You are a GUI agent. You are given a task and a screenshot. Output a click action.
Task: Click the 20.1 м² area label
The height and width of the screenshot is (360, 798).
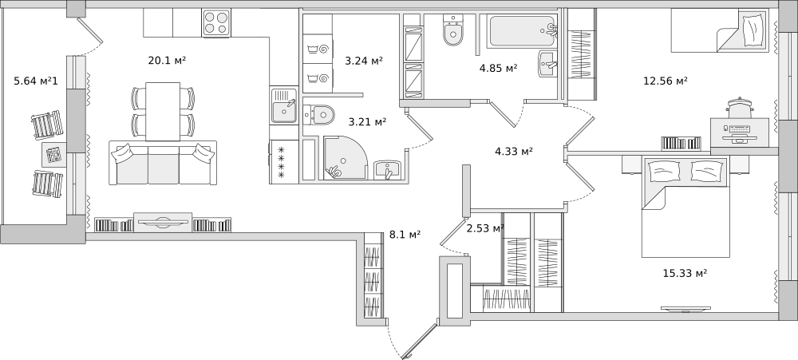[167, 61]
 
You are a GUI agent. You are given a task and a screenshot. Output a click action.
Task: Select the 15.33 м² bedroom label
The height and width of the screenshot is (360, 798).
[685, 274]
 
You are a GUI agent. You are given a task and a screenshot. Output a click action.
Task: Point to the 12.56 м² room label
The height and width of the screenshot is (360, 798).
[666, 81]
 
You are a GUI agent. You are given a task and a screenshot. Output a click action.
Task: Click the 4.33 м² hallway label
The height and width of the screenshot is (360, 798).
[513, 151]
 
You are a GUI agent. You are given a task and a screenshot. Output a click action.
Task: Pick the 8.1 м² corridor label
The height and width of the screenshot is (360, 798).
[405, 234]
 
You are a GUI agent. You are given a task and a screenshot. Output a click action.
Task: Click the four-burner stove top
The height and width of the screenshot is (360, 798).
[216, 23]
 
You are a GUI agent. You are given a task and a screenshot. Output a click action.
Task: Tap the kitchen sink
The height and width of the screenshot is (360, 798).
[284, 105]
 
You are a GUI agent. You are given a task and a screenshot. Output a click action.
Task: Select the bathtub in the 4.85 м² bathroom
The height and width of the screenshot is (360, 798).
[523, 32]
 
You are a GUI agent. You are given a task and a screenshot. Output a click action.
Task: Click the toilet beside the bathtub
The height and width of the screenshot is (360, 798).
[453, 30]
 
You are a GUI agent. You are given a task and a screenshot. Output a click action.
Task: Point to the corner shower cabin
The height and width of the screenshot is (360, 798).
[345, 157]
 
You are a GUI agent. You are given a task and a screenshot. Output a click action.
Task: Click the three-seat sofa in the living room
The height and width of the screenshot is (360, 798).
[162, 163]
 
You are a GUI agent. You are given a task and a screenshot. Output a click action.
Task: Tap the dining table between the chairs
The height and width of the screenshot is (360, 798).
[163, 112]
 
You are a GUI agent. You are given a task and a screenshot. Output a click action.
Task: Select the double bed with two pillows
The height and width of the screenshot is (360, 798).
[685, 207]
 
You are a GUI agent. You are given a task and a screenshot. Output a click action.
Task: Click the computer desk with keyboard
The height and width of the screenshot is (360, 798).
[740, 133]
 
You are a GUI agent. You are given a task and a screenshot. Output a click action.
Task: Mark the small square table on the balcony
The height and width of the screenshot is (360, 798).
[53, 154]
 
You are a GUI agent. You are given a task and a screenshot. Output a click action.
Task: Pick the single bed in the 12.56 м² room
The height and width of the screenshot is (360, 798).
[719, 30]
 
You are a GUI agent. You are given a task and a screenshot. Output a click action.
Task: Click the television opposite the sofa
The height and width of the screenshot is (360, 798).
[163, 223]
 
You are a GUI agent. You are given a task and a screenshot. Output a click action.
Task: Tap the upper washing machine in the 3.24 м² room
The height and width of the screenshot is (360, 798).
[318, 49]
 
